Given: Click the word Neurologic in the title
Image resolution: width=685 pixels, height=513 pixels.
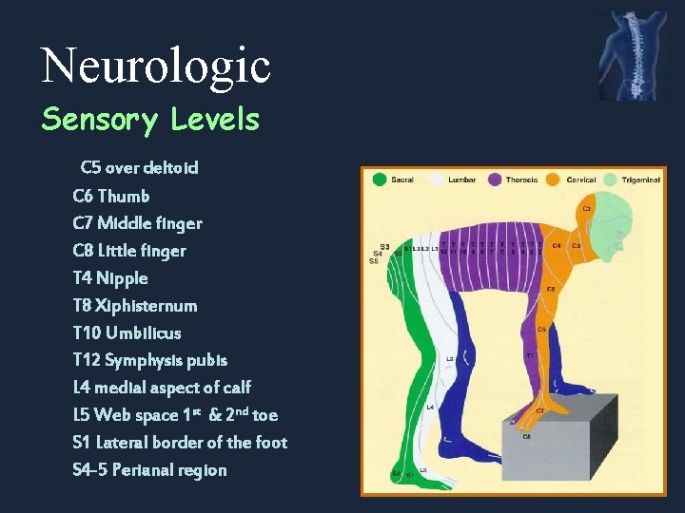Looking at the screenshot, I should pyautogui.click(x=156, y=65).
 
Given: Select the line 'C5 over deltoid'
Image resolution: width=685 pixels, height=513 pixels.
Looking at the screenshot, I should pyautogui.click(x=140, y=168).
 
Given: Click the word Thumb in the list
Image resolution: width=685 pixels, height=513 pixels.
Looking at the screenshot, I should pyautogui.click(x=124, y=196).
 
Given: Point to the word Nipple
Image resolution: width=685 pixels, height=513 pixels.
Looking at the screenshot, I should pyautogui.click(x=123, y=278).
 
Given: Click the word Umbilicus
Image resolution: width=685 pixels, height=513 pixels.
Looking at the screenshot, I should pyautogui.click(x=144, y=333).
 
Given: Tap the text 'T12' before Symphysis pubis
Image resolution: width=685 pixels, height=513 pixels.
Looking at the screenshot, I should pyautogui.click(x=86, y=361).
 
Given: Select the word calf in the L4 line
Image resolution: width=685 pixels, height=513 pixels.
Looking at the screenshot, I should pyautogui.click(x=234, y=388).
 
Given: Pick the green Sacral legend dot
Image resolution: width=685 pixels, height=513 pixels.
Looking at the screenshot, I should pyautogui.click(x=380, y=179).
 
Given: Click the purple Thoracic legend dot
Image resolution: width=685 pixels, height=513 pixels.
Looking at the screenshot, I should pyautogui.click(x=495, y=179).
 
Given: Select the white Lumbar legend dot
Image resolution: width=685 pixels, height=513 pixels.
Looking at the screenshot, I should pyautogui.click(x=437, y=179).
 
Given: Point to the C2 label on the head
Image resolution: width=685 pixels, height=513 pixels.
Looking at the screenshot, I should pyautogui.click(x=587, y=207).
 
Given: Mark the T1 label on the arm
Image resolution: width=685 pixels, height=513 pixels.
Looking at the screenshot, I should pyautogui.click(x=530, y=354).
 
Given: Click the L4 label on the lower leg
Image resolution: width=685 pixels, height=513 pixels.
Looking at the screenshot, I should pyautogui.click(x=430, y=407).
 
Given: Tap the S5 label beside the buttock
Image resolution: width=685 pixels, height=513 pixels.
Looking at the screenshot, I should pyautogui.click(x=373, y=261).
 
